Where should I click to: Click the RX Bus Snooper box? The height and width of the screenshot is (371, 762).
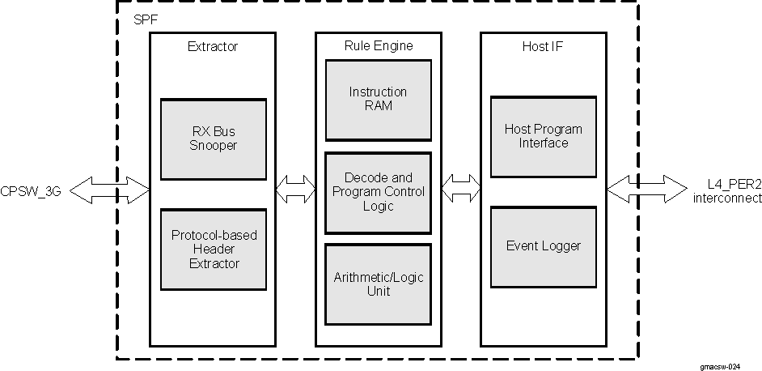tap(214, 139)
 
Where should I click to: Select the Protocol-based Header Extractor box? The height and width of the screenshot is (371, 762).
tap(214, 249)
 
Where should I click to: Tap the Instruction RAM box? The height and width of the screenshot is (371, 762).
tap(378, 99)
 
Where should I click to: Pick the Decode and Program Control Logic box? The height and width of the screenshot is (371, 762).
tap(378, 192)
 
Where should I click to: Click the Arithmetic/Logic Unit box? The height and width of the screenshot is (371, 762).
tap(378, 284)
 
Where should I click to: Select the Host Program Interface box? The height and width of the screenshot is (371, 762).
tap(543, 136)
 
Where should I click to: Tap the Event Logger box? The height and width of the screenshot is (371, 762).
tap(543, 246)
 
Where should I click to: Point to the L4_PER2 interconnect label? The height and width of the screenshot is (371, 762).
tap(726, 191)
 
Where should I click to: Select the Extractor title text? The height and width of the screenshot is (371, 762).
tap(213, 47)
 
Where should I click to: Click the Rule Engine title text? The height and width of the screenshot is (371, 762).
tap(378, 46)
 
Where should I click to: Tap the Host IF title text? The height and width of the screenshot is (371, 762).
tap(542, 47)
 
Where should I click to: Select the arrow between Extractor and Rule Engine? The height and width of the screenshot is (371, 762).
tap(295, 190)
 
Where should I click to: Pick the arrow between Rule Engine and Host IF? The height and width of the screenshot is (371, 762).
tap(461, 190)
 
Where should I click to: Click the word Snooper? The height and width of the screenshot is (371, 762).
tap(214, 146)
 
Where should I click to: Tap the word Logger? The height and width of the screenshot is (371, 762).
tap(561, 246)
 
